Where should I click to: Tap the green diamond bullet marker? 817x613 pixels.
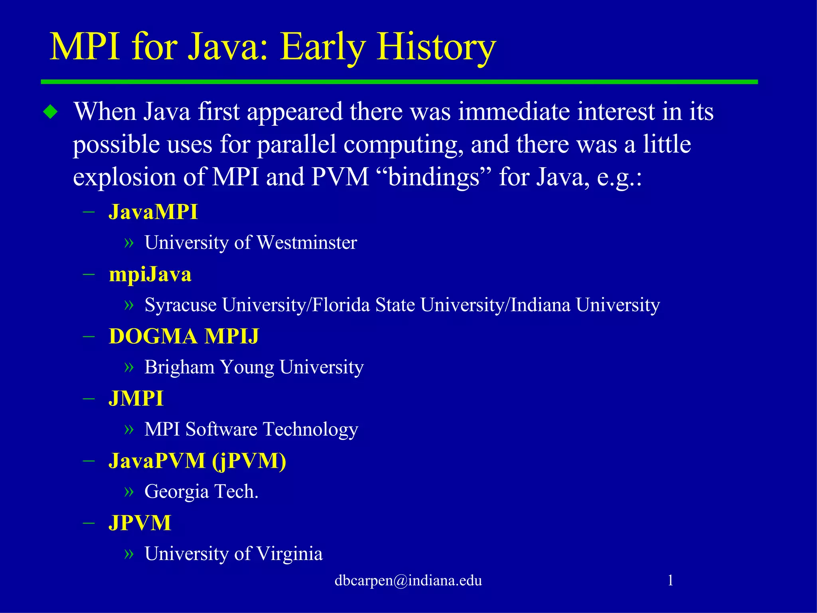coord(51,112)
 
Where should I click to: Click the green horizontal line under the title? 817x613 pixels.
coord(399,82)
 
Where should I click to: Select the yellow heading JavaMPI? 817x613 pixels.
coord(153,212)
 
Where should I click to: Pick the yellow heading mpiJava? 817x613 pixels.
coord(150,275)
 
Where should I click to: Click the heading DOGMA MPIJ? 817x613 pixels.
coord(184,336)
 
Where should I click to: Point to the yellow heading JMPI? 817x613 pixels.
coord(136,399)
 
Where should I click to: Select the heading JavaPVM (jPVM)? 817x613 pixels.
coord(197,461)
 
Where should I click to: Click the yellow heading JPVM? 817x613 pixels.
coord(140,523)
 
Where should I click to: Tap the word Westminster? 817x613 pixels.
coord(307,243)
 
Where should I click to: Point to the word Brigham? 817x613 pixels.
coord(179,367)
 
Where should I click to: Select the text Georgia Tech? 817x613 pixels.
coord(201,492)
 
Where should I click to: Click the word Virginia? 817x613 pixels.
coord(289,554)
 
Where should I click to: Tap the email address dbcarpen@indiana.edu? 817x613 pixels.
coord(408,580)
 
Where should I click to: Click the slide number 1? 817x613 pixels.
coord(671,580)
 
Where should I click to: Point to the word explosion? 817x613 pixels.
coord(124,177)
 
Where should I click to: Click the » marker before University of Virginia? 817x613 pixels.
coord(129,554)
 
